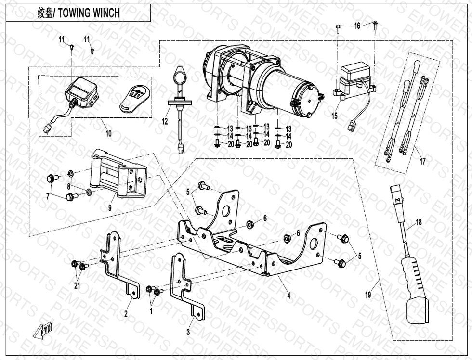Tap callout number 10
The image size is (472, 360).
108,133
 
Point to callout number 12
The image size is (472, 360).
165,121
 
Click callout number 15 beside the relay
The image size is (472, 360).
334,116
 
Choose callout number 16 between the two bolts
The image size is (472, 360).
357,26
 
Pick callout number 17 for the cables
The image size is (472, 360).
422,162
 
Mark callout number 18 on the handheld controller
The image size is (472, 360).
419,222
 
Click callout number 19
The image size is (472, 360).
368,295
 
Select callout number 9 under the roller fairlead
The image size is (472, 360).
110,208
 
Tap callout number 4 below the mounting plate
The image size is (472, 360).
289,296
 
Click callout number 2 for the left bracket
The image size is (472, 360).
126,314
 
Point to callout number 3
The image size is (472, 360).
188,332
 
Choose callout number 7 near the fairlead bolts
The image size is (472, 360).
47,196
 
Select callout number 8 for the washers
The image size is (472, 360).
69,186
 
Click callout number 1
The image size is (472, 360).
151,311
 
